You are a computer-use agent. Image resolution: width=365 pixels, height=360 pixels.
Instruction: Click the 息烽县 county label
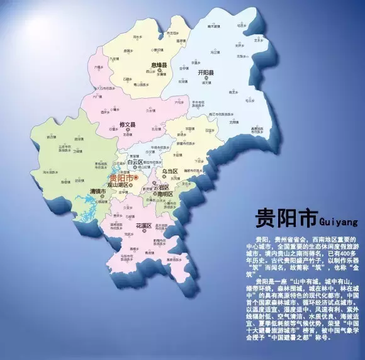pyautogui.click(x=158, y=65)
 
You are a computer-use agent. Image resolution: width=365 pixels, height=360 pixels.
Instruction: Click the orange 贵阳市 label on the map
pyautogui.click(x=123, y=177)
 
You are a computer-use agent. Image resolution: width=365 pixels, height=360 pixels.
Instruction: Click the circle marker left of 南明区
pyautogui.click(x=155, y=194)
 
